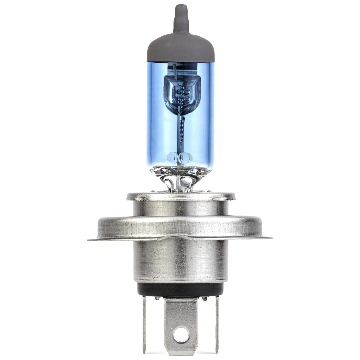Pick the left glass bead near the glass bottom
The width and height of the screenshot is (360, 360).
[173, 156]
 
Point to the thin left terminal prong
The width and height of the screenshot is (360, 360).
[144, 324]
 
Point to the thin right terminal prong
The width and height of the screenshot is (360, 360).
[217, 324]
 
